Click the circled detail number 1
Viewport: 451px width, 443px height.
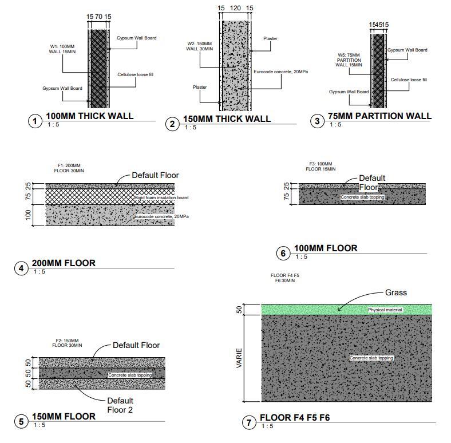[35, 121]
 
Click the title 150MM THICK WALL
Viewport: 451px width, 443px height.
[227, 119]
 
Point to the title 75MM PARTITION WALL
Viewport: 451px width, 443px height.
[379, 116]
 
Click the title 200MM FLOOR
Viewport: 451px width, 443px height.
[64, 263]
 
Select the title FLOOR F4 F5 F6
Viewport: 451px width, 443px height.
[294, 418]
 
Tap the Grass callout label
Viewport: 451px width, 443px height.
[395, 292]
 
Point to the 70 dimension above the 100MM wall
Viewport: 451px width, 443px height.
[100, 17]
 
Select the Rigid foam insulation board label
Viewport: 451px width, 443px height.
[161, 197]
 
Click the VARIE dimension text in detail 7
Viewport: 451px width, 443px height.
[240, 358]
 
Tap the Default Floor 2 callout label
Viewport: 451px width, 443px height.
[120, 405]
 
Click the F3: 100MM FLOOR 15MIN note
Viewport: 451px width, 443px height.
[321, 167]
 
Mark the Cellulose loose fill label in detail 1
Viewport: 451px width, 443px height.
[136, 75]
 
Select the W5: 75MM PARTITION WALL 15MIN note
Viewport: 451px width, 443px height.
[349, 60]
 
